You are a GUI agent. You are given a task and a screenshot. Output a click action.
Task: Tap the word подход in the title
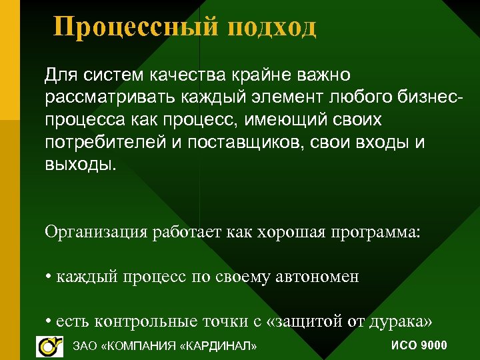pos(271,27)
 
